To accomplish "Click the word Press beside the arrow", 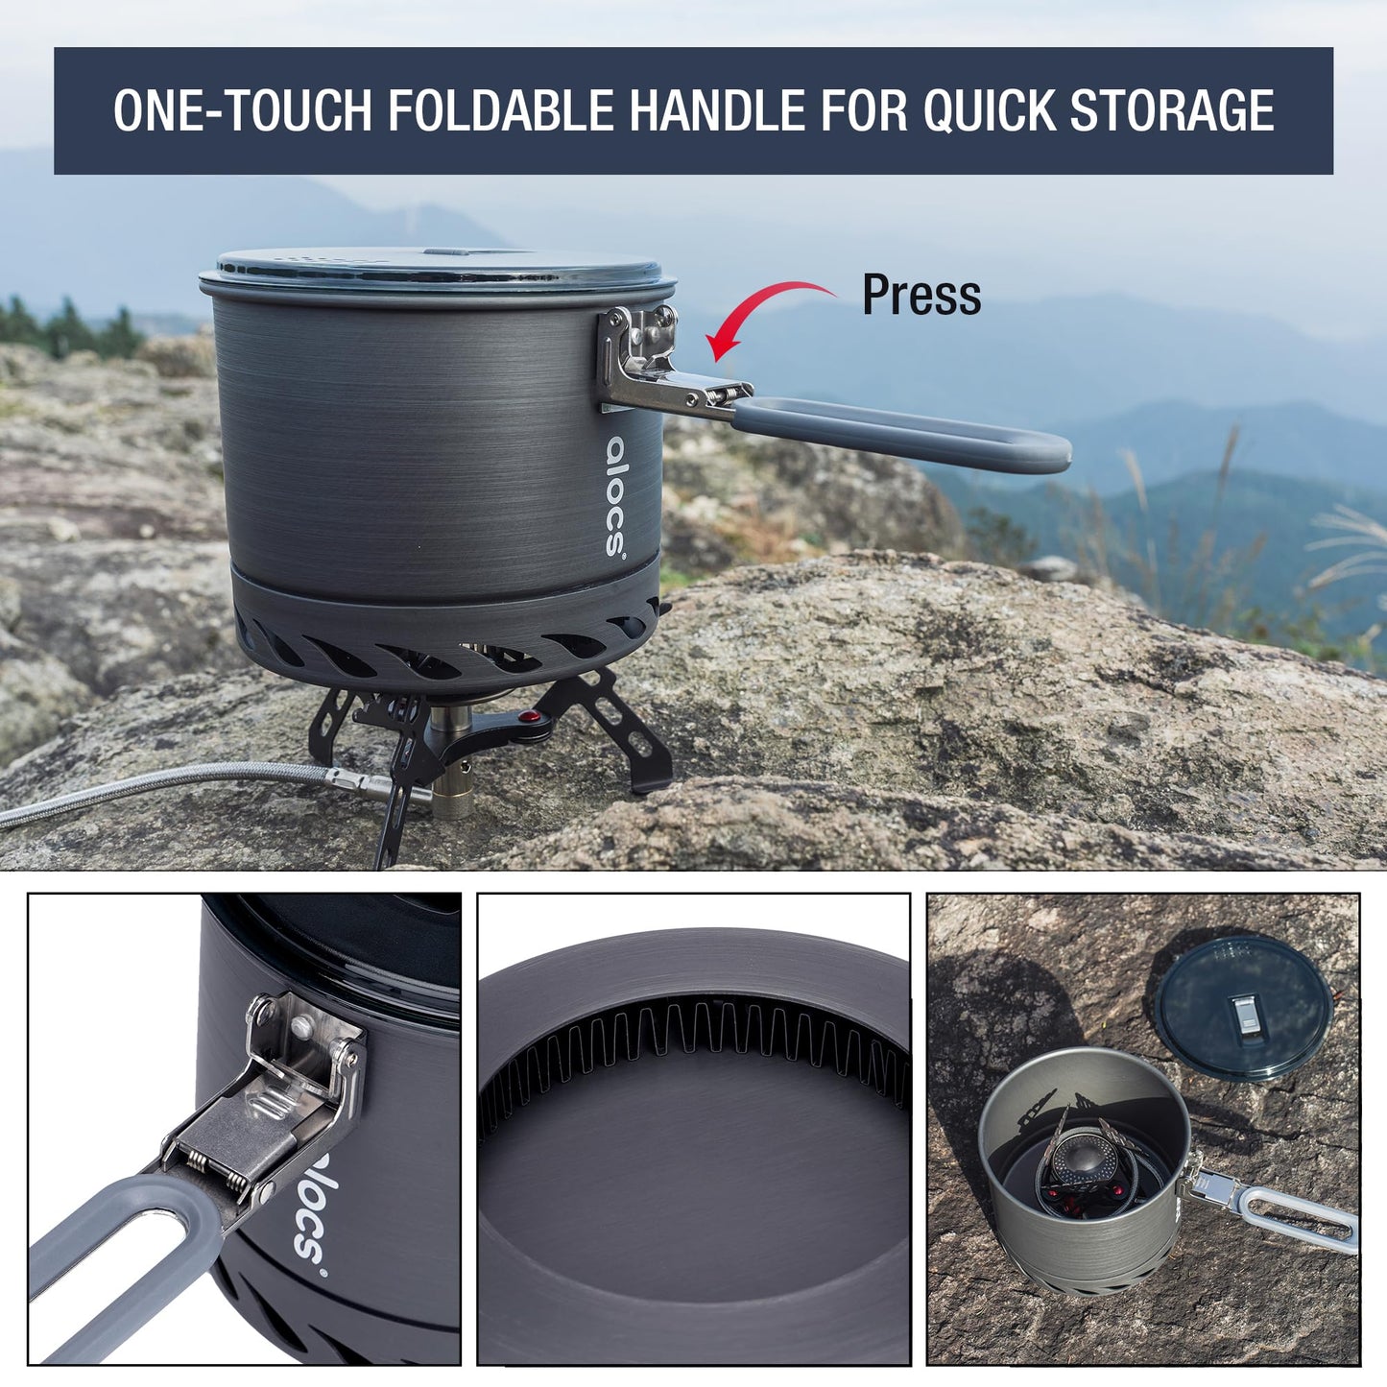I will [921, 295].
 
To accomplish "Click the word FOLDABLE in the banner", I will [500, 110].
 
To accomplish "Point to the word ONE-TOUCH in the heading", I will [242, 110].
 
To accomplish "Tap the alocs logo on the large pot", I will [616, 496].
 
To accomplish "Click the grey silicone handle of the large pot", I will [902, 437].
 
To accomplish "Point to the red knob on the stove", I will [527, 717].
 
